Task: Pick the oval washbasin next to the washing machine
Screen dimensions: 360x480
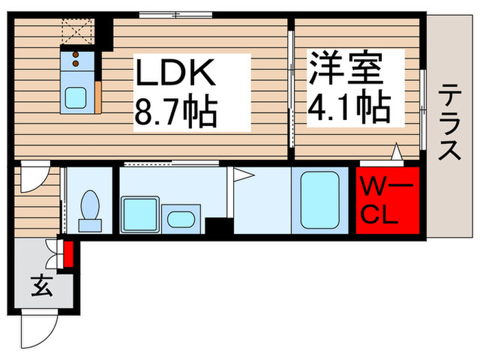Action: click(180, 219)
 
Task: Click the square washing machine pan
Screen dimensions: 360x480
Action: click(140, 214)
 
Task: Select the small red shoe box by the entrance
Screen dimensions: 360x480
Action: click(68, 253)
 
